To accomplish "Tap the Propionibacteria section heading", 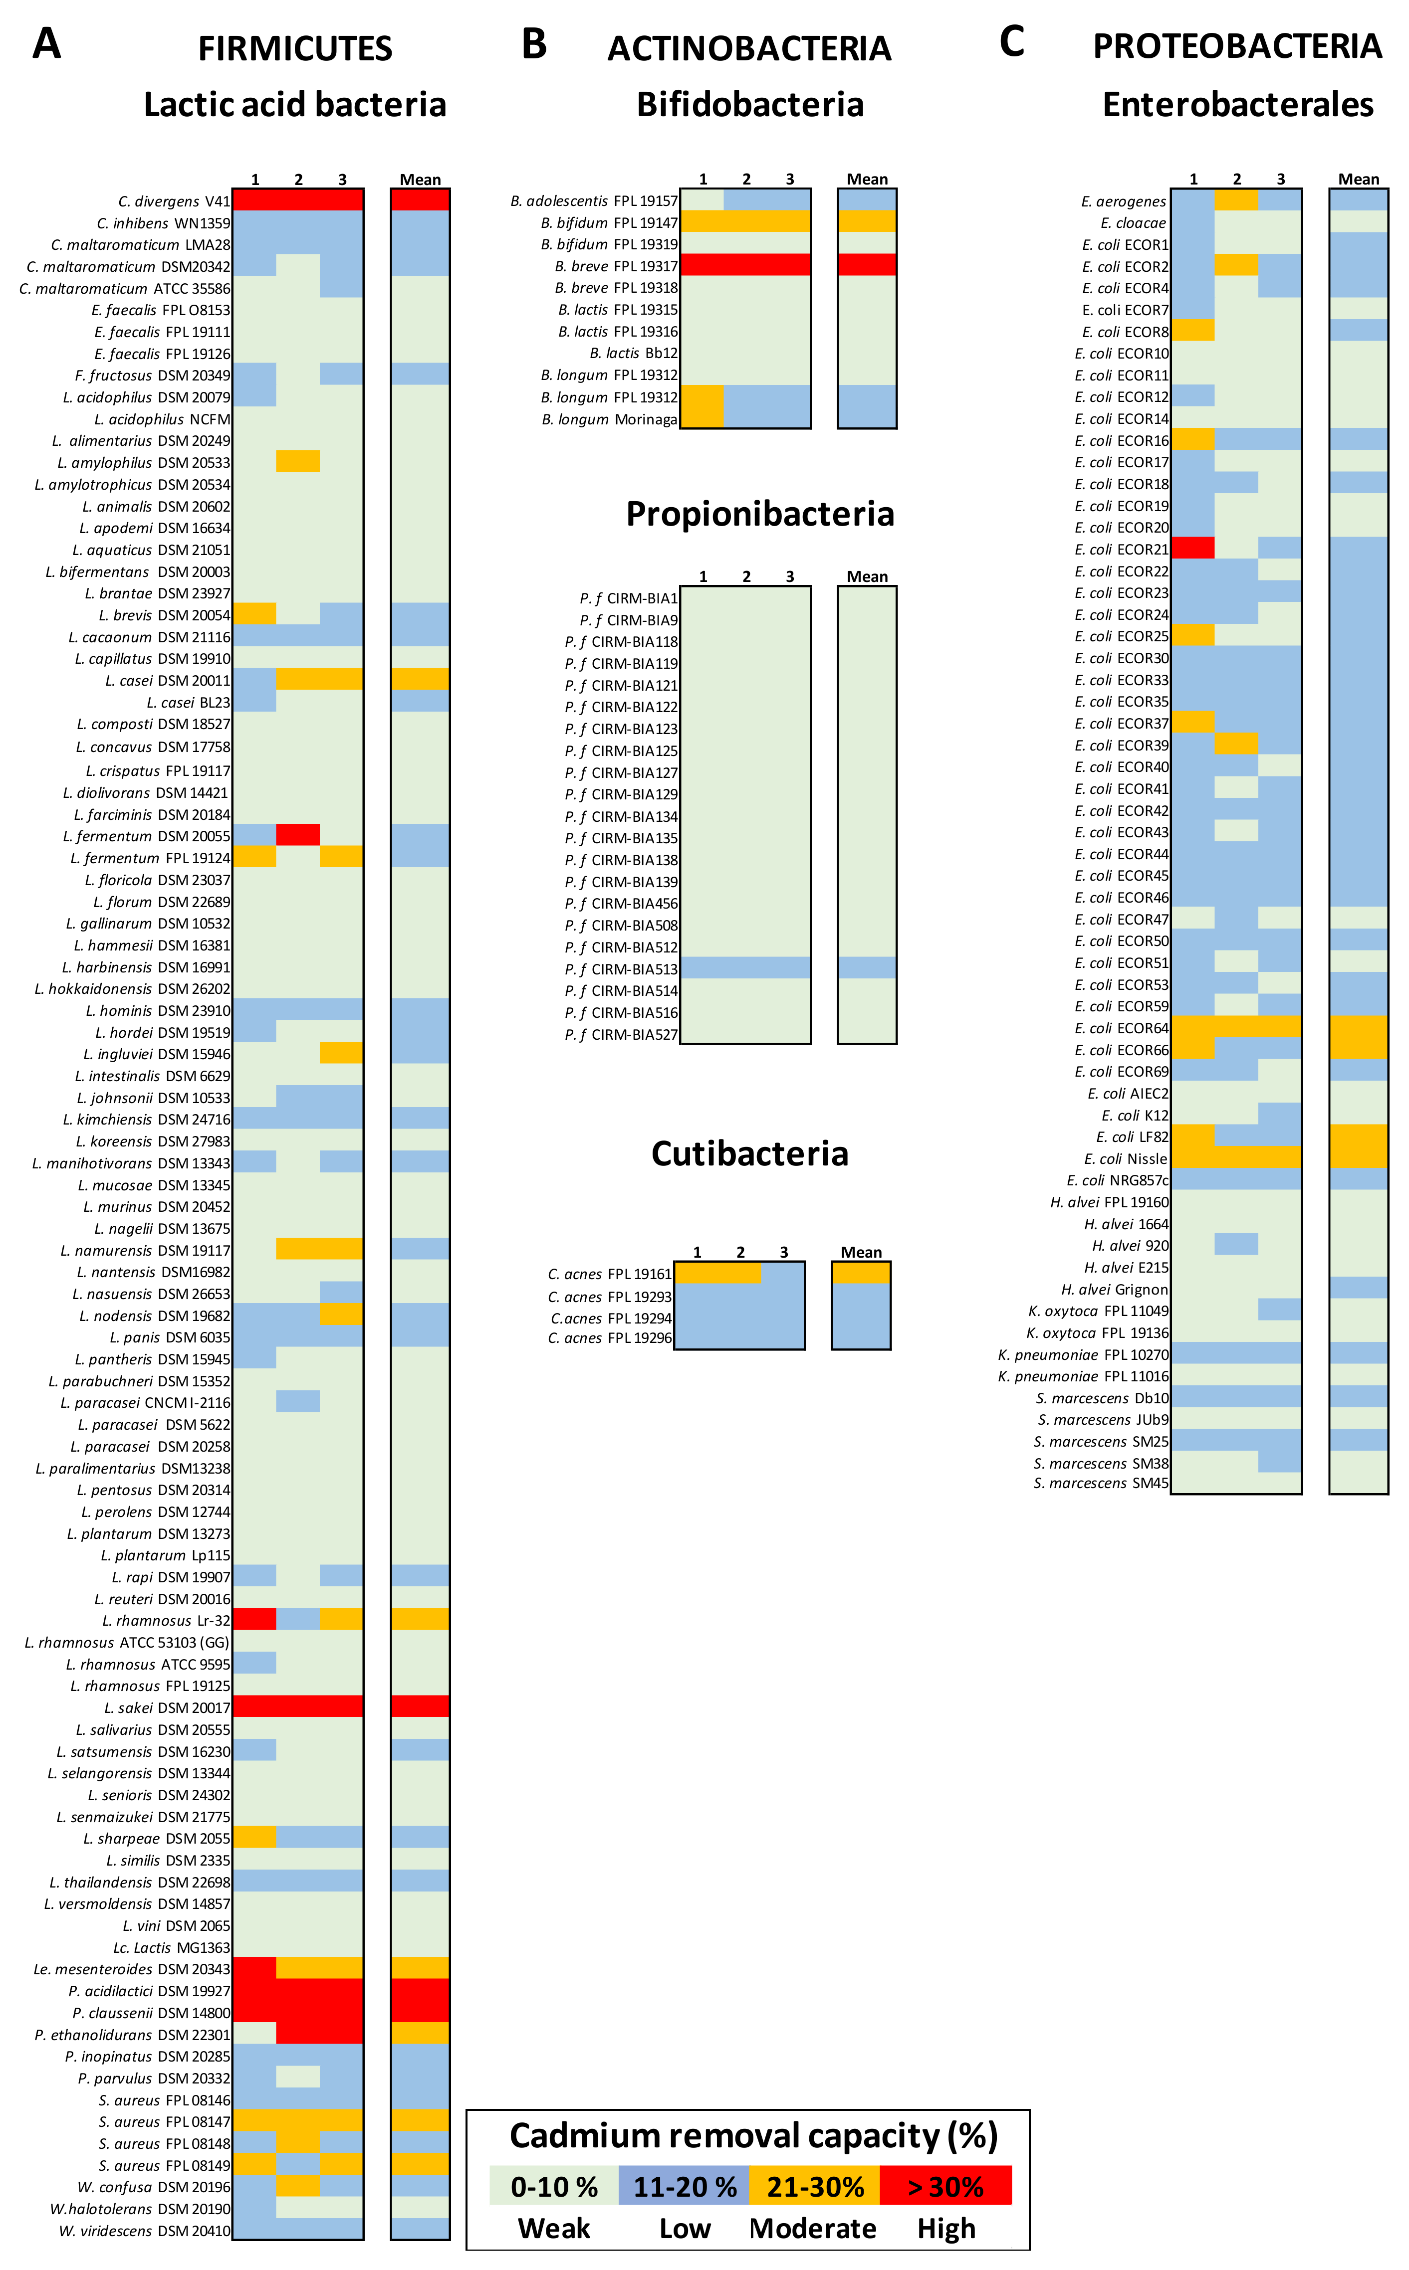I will (759, 513).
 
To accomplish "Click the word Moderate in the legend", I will (813, 2229).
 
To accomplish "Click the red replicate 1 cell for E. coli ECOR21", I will (1193, 548).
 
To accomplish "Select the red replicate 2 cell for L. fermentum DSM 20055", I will (298, 835).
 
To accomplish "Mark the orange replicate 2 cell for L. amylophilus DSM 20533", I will (298, 461).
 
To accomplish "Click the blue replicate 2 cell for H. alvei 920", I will (1236, 1244).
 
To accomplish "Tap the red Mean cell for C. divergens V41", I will (420, 200).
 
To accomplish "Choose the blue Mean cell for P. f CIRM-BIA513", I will (867, 968).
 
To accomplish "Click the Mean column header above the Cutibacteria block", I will (861, 1252).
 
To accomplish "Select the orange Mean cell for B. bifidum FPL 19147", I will (867, 222).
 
